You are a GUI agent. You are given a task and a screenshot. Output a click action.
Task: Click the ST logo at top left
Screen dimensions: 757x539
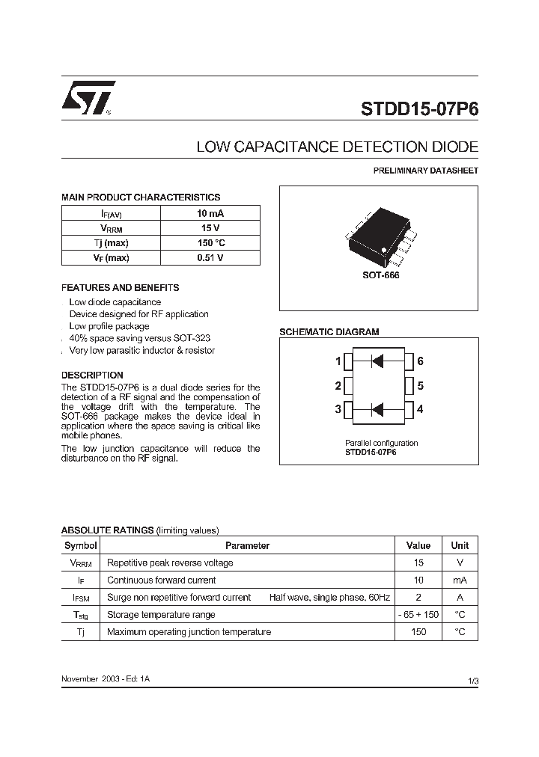(x=88, y=98)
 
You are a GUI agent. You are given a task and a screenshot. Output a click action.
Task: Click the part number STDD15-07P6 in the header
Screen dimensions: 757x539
(x=419, y=107)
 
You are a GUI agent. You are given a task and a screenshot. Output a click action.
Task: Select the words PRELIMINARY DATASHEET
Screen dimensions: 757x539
(x=425, y=171)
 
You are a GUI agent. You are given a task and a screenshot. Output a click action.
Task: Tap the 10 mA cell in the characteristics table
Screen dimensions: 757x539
(x=210, y=213)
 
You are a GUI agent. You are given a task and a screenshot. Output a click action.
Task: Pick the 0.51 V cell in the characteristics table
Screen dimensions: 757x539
(x=210, y=258)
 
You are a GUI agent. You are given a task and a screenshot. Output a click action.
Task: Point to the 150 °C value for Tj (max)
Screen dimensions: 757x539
(x=210, y=243)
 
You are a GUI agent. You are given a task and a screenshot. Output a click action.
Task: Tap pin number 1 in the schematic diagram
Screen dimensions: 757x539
(x=338, y=362)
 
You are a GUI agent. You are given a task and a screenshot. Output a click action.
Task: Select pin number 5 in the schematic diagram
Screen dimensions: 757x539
(x=420, y=386)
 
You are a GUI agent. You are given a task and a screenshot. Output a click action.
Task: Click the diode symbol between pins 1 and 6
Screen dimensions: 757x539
(x=377, y=362)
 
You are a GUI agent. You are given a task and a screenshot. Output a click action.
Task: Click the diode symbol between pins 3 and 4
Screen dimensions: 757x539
(x=377, y=409)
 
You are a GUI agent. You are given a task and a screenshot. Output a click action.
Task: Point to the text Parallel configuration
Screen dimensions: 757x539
(x=381, y=443)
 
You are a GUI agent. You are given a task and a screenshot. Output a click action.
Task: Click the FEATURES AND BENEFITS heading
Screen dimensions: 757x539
(x=120, y=288)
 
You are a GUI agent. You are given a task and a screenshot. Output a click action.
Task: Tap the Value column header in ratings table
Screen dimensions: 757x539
(x=418, y=546)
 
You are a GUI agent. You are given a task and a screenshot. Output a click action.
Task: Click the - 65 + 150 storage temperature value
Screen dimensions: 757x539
(x=418, y=615)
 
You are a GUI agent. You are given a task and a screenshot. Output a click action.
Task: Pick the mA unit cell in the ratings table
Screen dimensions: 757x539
(x=460, y=580)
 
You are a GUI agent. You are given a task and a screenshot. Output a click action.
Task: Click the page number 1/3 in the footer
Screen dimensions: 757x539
(x=472, y=680)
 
